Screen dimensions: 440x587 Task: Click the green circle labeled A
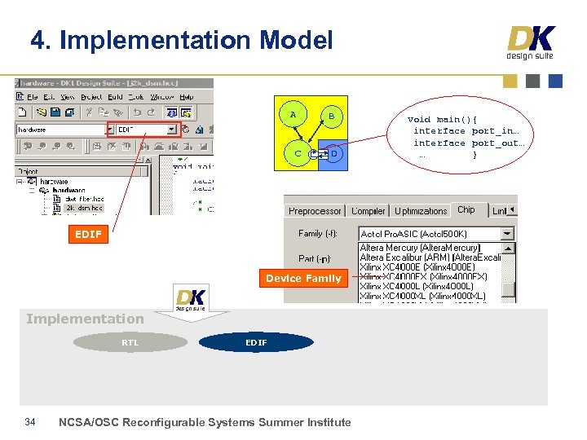pyautogui.click(x=293, y=115)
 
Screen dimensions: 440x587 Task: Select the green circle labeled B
pyautogui.click(x=331, y=117)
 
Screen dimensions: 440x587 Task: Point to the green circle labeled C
pyautogui.click(x=298, y=153)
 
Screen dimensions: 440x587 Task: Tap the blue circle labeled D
pyautogui.click(x=334, y=153)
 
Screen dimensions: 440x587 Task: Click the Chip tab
pyautogui.click(x=466, y=210)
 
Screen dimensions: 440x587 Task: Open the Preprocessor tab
pyautogui.click(x=315, y=211)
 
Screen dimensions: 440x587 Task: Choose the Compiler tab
pyautogui.click(x=369, y=211)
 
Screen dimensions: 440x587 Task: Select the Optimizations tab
pyautogui.click(x=421, y=211)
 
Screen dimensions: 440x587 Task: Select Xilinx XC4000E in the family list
pyautogui.click(x=417, y=267)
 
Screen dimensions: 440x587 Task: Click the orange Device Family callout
pyautogui.click(x=303, y=279)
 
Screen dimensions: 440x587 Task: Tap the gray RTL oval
pyautogui.click(x=130, y=343)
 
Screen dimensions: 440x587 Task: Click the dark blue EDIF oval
pyautogui.click(x=256, y=343)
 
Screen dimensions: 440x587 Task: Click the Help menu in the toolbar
pyautogui.click(x=187, y=97)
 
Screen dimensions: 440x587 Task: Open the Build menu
pyautogui.click(x=115, y=97)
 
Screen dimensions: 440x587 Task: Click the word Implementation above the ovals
pyautogui.click(x=85, y=319)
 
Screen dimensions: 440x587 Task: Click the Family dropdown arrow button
pyautogui.click(x=508, y=234)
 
